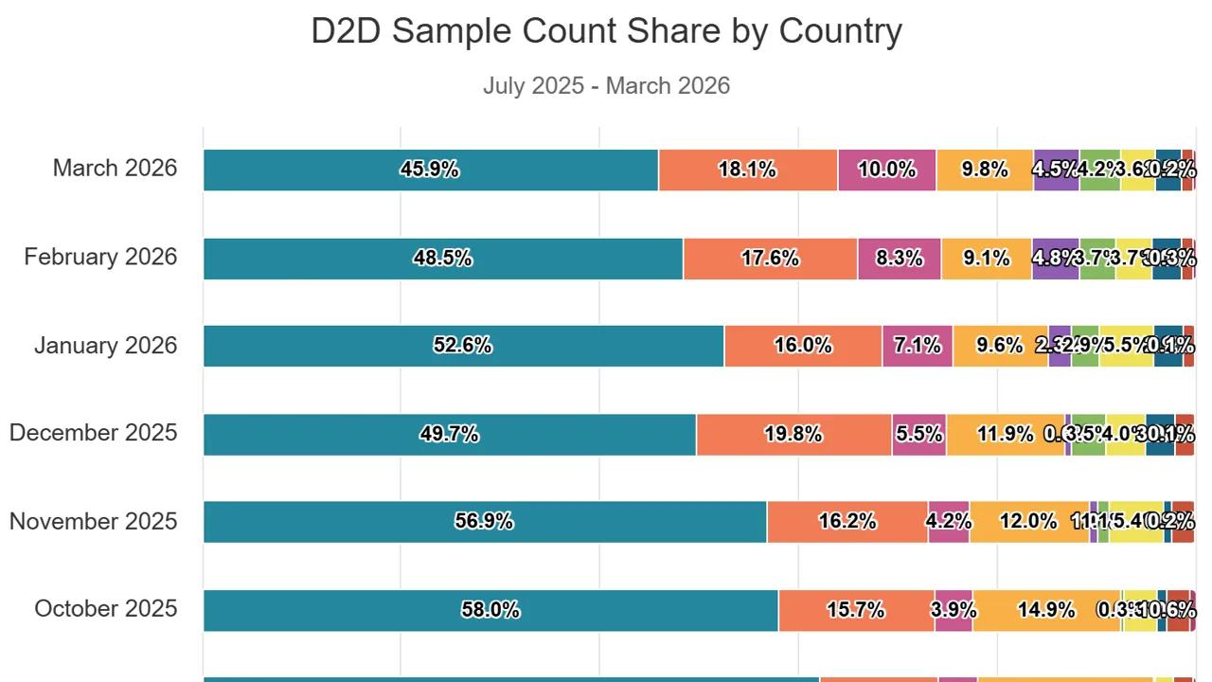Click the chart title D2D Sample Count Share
pos(606,31)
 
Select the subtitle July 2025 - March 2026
pos(606,85)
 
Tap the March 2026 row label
pos(115,169)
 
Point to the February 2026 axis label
pos(100,257)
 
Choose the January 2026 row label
pos(105,346)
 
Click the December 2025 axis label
pos(93,433)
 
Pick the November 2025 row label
pos(93,521)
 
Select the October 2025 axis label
pos(105,608)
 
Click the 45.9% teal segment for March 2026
pos(431,170)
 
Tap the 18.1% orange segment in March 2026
pos(748,170)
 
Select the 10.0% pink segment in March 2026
pos(887,170)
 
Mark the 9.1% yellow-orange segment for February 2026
pos(987,258)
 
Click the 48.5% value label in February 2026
pos(442,258)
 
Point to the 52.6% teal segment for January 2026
pos(463,346)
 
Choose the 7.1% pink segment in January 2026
pos(918,346)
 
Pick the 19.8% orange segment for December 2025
pos(793,434)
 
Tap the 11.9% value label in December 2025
pos(1006,434)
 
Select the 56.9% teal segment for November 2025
pos(485,521)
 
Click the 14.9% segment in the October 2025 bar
pos(1046,610)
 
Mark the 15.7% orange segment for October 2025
pos(856,610)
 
